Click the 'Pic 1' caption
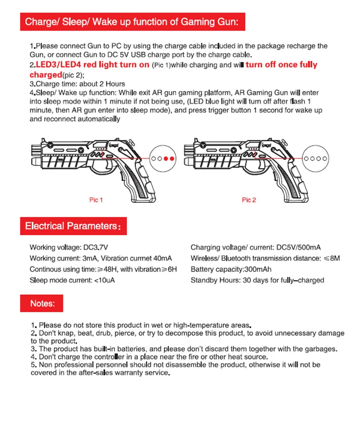96,200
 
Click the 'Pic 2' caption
249,200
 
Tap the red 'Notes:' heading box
42,303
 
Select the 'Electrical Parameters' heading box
73,226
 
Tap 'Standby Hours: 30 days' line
257,280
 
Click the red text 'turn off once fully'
281,65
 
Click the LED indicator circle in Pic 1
163,158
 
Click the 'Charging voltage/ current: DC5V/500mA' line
256,247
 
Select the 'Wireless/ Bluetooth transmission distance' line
265,258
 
